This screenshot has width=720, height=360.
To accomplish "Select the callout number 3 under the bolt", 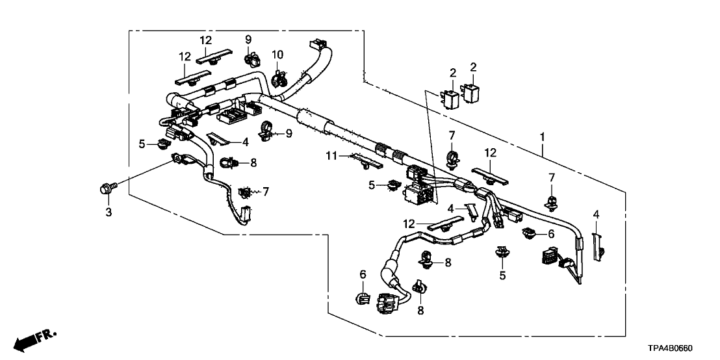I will (109, 212).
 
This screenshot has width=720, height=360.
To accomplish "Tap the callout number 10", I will (277, 54).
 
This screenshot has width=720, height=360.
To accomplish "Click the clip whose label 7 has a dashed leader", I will (246, 192).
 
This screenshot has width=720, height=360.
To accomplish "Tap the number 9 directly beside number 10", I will (248, 40).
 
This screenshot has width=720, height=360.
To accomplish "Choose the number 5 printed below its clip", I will (502, 274).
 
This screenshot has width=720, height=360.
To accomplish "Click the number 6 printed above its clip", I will (363, 276).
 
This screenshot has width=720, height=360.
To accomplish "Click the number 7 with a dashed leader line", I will (266, 191).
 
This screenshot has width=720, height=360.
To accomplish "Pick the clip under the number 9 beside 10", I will (250, 60).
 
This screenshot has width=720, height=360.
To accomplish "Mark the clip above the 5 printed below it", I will (502, 252).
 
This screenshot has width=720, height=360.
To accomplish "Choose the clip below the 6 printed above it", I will (363, 298).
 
